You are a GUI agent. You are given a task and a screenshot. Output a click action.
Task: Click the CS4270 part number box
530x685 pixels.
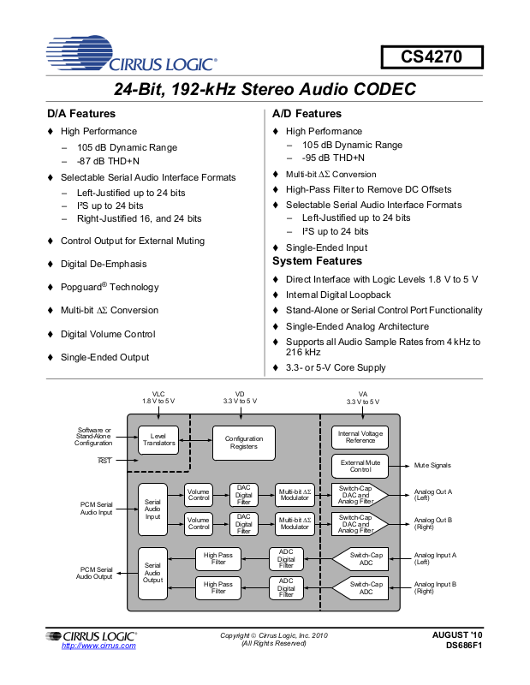[x=432, y=58]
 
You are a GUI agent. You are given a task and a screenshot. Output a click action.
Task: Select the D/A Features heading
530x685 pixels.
[x=80, y=114]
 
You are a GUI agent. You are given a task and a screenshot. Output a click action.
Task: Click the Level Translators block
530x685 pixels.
[x=158, y=440]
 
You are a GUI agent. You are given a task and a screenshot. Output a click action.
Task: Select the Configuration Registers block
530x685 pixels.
[x=244, y=442]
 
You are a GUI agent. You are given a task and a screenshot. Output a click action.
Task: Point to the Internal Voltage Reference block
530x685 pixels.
[x=360, y=438]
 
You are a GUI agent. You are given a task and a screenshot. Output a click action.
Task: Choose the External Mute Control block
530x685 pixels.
[x=360, y=466]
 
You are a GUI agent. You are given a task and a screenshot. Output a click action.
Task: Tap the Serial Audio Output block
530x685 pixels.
[x=152, y=573]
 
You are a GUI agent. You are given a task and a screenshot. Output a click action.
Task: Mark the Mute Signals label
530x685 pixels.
[x=432, y=466]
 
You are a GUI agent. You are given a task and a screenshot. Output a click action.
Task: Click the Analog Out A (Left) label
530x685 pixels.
[x=432, y=495]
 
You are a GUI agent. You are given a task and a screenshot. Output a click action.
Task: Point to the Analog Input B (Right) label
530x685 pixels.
[x=435, y=587]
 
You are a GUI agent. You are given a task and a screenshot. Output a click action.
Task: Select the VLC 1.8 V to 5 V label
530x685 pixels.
[x=158, y=397]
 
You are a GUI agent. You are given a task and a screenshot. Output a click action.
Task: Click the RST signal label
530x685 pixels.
[x=104, y=461]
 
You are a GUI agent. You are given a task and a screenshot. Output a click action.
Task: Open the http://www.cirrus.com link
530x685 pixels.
[x=98, y=646]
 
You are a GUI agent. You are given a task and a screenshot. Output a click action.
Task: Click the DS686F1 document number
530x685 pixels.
[x=464, y=646]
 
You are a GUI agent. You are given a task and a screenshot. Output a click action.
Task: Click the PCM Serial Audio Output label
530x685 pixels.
[x=94, y=573]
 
